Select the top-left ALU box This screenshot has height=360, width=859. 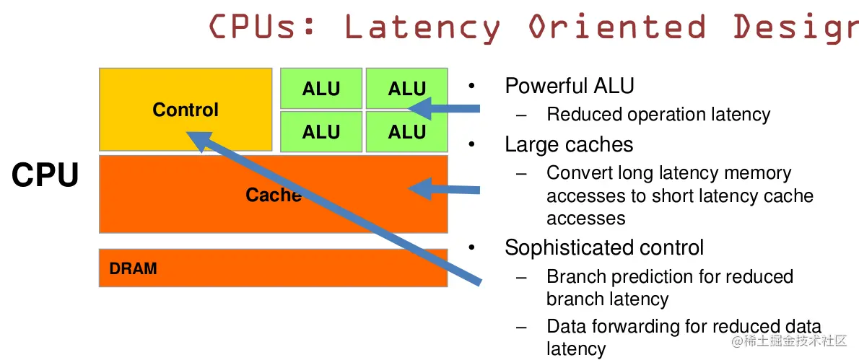pos(321,89)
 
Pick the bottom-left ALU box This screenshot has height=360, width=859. pos(321,132)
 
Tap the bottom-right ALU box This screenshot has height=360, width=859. pos(406,132)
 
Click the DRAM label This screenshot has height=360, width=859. pos(133,269)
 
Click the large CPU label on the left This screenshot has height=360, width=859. pos(45,175)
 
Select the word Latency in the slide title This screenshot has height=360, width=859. pos(422,27)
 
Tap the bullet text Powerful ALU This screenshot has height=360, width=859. pos(569,86)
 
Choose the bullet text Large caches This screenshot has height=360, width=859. pos(569,144)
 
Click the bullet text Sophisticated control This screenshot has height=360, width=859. pos(603,247)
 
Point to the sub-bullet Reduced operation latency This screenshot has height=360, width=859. pos(658,115)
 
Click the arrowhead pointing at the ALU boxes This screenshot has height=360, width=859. pos(417,108)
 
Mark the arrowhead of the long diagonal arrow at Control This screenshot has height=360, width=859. pos(198,139)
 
